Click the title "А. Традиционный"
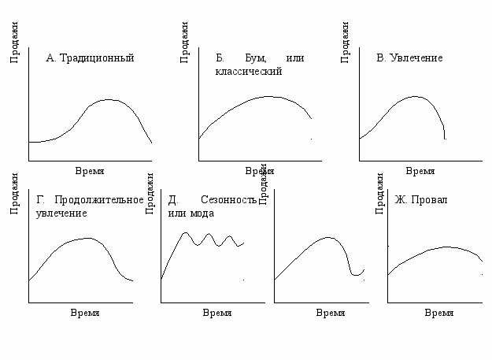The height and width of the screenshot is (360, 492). (x=91, y=58)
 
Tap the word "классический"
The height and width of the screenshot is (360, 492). (x=248, y=71)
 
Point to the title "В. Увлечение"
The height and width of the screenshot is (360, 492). (x=409, y=58)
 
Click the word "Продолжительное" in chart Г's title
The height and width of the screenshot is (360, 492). (x=99, y=200)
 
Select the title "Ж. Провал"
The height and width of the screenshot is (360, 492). (x=421, y=200)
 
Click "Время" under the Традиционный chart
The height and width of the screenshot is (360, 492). (x=90, y=171)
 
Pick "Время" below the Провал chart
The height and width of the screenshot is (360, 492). (x=439, y=313)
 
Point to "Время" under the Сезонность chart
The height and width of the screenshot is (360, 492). (x=217, y=313)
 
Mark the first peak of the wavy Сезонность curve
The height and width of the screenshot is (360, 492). (x=187, y=233)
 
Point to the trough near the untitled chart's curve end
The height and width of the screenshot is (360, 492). (x=356, y=275)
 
